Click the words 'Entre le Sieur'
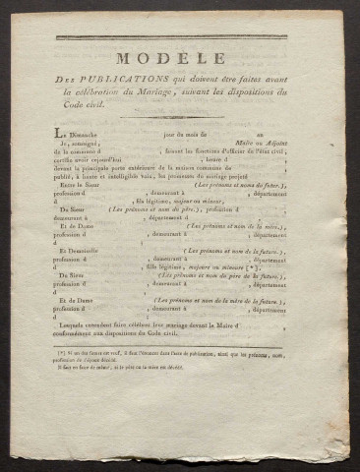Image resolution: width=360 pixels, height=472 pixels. [81, 185]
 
